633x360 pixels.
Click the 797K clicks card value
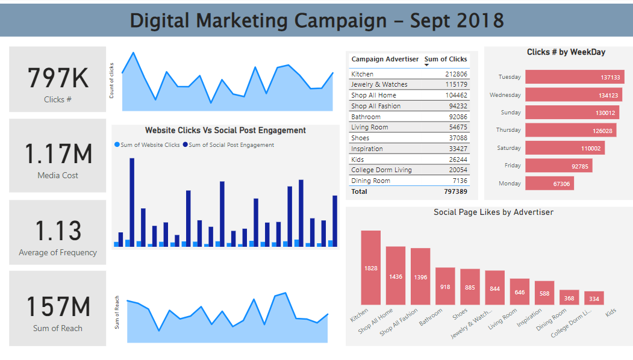tap(58, 79)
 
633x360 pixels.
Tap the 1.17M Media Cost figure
tap(58, 154)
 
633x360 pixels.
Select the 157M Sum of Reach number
tap(58, 306)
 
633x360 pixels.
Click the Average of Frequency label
tap(58, 253)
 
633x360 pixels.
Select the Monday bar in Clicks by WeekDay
tap(549, 184)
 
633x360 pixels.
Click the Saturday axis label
tap(509, 148)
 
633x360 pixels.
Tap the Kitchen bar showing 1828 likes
tap(370, 267)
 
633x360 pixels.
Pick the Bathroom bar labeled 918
tap(445, 286)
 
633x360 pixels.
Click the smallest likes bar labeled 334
tap(594, 298)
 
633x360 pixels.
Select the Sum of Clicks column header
tap(446, 59)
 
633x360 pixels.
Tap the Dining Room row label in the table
tap(370, 181)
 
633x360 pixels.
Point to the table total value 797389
tap(454, 191)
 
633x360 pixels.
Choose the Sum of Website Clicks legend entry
tap(150, 145)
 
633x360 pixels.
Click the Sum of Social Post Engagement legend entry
tap(231, 145)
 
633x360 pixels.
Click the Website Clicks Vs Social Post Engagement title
tap(225, 130)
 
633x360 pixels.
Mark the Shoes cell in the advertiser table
tap(361, 138)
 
